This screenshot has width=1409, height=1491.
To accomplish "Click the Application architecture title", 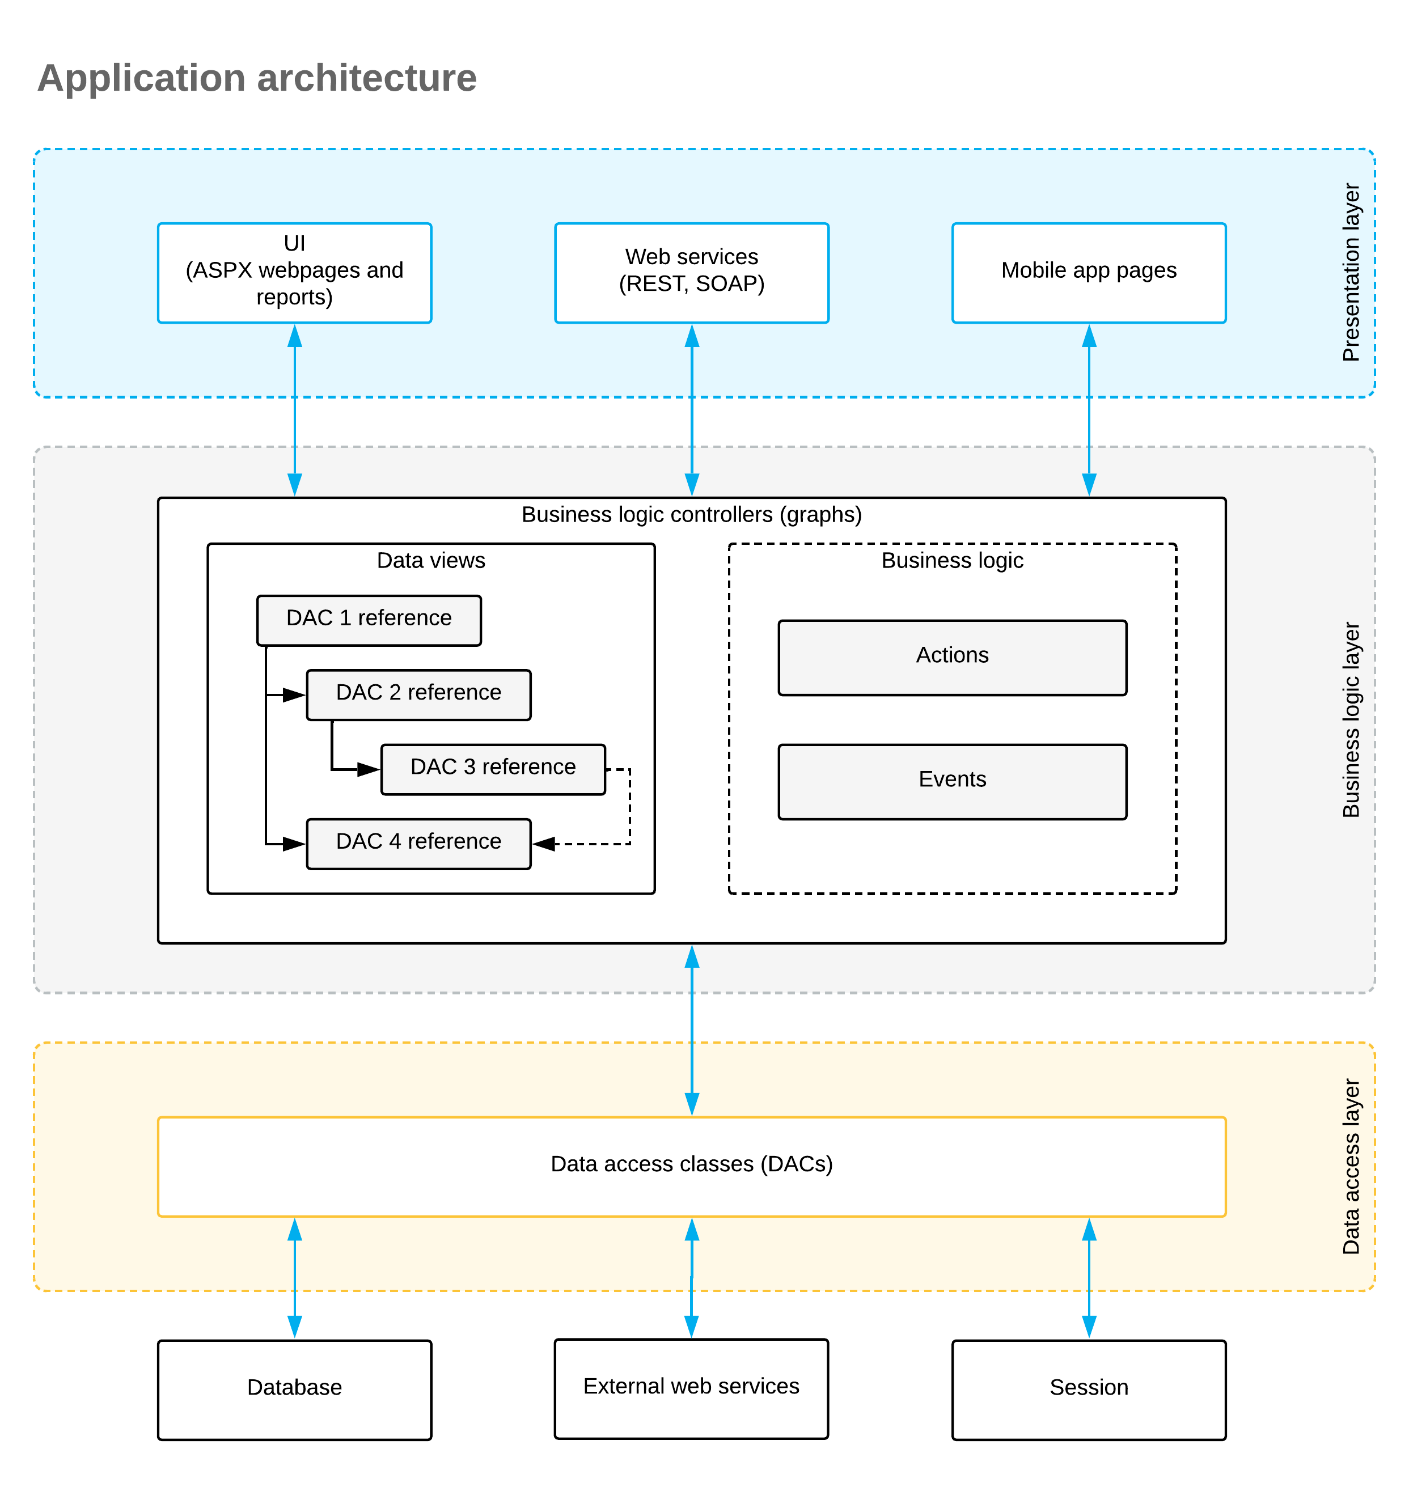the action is click(257, 78).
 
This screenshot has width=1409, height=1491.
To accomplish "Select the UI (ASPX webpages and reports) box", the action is click(294, 273).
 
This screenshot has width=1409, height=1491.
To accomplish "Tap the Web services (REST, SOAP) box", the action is click(692, 273).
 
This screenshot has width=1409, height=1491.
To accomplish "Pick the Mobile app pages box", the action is click(1089, 273).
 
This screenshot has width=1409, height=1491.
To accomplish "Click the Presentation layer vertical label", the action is click(1351, 273).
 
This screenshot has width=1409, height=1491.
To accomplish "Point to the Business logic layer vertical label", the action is click(1351, 719).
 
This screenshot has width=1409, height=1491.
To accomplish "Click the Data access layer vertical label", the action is click(1351, 1167).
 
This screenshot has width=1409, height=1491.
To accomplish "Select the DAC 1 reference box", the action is click(369, 620).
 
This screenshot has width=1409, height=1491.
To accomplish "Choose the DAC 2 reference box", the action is click(418, 695).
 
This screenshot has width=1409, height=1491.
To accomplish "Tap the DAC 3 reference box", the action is click(493, 769).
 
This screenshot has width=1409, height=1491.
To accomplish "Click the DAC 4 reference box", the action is click(418, 844).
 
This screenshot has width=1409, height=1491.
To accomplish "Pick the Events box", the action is click(953, 782).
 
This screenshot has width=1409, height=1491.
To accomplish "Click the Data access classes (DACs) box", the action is click(692, 1167).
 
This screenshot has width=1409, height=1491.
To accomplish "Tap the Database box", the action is click(294, 1390).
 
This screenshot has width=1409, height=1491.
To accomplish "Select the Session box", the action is click(1089, 1390).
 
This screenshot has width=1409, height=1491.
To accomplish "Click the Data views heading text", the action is click(431, 560).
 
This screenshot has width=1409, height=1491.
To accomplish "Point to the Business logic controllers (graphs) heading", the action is click(692, 515).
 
